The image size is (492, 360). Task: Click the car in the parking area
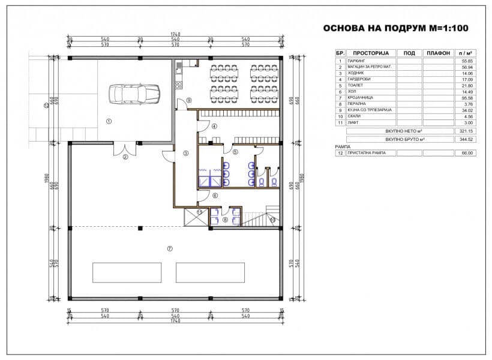134,94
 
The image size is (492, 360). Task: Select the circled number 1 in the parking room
109,121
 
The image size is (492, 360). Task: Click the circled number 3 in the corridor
185,154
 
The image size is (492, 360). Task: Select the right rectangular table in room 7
211,272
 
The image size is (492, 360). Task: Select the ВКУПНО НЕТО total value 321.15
466,131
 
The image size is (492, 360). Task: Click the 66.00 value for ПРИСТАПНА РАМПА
467,153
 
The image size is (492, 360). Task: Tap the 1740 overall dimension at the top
175,35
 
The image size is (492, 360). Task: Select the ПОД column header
409,53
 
